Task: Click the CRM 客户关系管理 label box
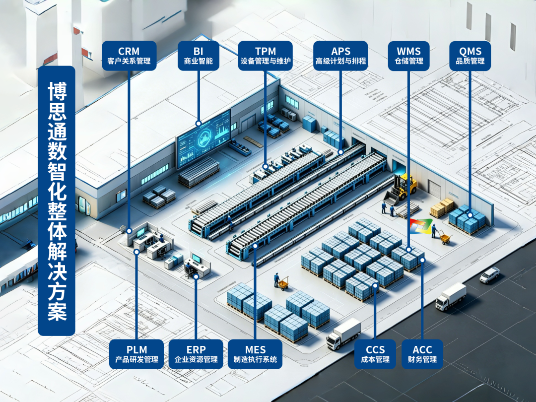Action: [x=129, y=56]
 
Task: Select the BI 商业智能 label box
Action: [x=198, y=56]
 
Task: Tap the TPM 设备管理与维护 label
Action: [x=265, y=56]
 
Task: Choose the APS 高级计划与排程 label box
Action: [x=340, y=56]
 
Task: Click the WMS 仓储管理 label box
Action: [x=409, y=56]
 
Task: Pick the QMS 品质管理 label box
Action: [x=470, y=56]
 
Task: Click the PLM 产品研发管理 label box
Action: [x=136, y=354]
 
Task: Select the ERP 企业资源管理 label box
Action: [x=196, y=354]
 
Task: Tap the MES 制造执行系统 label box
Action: [x=255, y=354]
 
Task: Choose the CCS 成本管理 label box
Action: [x=375, y=354]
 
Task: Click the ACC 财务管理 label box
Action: [x=422, y=354]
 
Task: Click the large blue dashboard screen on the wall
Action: [x=203, y=138]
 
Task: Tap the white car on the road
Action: [x=489, y=275]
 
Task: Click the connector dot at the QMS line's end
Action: [x=470, y=215]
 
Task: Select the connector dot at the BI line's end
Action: [x=198, y=123]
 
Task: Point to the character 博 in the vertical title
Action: [x=57, y=91]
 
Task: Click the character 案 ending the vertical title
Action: [x=57, y=311]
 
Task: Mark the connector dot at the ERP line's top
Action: [x=196, y=276]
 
